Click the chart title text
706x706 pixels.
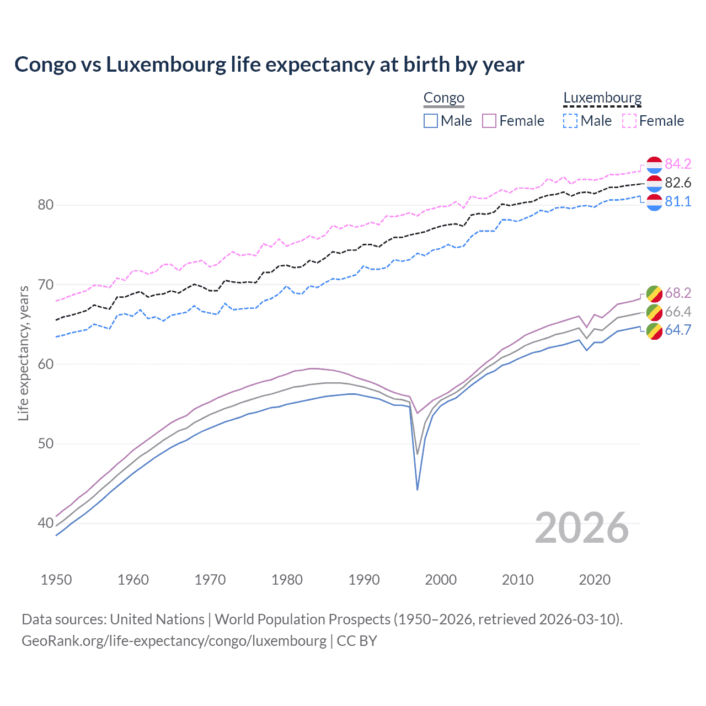pos(269,65)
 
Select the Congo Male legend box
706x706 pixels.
pos(431,121)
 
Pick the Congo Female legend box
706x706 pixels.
pos(489,121)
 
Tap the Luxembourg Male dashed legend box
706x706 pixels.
pos(570,121)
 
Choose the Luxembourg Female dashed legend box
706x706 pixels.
pos(629,121)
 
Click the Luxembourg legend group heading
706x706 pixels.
pos(602,98)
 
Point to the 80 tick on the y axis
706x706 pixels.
pos(45,205)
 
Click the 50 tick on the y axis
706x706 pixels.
pos(45,444)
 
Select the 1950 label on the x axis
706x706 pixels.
pos(56,580)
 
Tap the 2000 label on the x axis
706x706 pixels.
pos(441,580)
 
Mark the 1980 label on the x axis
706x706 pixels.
pos(287,580)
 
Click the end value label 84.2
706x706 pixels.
pos(678,164)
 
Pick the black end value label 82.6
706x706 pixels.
pos(678,183)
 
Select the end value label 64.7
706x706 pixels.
pos(678,330)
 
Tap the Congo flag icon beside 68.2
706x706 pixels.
pos(654,293)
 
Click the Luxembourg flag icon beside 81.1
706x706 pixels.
pos(654,202)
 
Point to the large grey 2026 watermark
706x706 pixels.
pos(582,528)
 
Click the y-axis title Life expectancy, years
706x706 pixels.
pos(24,353)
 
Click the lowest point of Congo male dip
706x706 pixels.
pos(418,489)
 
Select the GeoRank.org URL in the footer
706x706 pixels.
pos(174,641)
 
